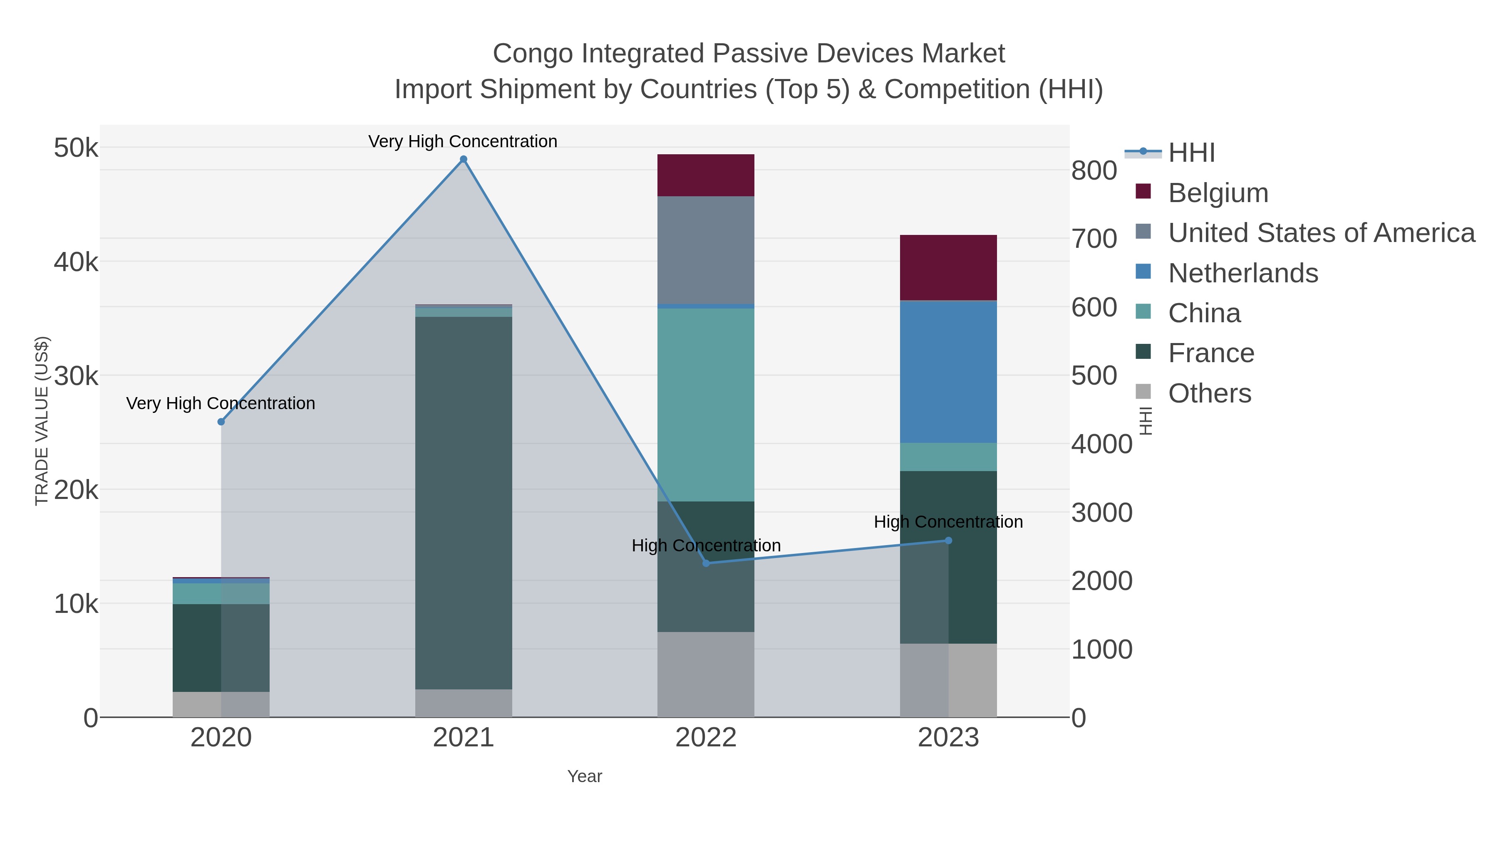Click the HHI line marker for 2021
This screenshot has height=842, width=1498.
(x=464, y=159)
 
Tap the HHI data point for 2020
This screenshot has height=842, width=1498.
(x=221, y=422)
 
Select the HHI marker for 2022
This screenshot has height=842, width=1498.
(x=706, y=563)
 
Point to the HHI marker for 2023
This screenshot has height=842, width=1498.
(x=948, y=541)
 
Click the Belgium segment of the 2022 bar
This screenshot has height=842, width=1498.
(x=706, y=175)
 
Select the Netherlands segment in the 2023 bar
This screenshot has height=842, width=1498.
(x=948, y=372)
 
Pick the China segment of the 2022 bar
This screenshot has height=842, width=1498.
(x=706, y=405)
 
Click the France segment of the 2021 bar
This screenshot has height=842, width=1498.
(x=464, y=503)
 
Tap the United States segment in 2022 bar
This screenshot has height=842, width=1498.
(x=706, y=250)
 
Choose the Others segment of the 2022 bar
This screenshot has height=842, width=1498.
(x=706, y=674)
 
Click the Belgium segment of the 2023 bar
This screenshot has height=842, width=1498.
(x=948, y=267)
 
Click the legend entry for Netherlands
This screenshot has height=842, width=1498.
(x=1243, y=273)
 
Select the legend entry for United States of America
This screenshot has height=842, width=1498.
(x=1321, y=233)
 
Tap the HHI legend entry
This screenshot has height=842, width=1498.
(x=1191, y=153)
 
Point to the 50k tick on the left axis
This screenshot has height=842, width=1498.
(x=76, y=148)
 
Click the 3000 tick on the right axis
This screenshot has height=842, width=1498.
(x=1102, y=513)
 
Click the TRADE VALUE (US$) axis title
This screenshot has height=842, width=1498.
(x=42, y=421)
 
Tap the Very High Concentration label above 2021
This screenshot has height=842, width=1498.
(x=463, y=141)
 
